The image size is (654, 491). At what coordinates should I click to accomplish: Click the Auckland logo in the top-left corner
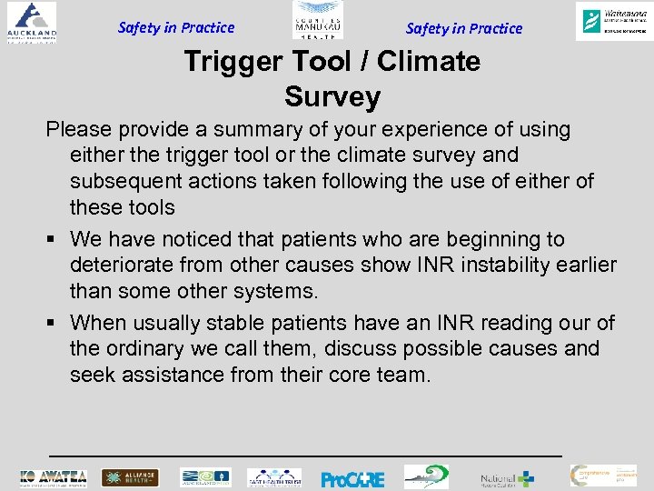[29, 22]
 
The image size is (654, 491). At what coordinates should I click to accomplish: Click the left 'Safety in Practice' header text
[176, 27]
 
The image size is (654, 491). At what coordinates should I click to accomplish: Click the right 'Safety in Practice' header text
[464, 28]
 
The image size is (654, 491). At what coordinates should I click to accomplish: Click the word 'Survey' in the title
[332, 96]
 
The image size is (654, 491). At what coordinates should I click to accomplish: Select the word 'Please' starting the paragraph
[80, 129]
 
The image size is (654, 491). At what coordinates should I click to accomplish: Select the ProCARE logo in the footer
[352, 478]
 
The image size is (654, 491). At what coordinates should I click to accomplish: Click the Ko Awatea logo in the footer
[54, 477]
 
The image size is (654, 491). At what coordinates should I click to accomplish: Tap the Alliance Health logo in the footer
[130, 477]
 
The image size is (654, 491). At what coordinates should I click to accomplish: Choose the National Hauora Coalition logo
[507, 477]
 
